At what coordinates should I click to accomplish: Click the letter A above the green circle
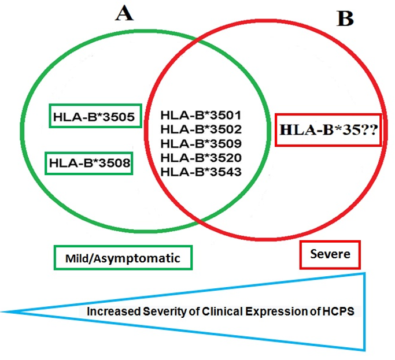coord(124,13)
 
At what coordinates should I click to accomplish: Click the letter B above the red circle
coord(345,18)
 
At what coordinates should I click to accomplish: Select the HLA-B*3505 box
coord(94,117)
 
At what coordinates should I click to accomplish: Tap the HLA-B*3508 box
coord(90,163)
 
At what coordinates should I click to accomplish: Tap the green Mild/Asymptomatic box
coord(123,258)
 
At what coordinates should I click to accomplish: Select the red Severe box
coord(330,254)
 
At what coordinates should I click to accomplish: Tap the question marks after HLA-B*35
coord(368,130)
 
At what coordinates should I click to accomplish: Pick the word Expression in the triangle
coord(252,311)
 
